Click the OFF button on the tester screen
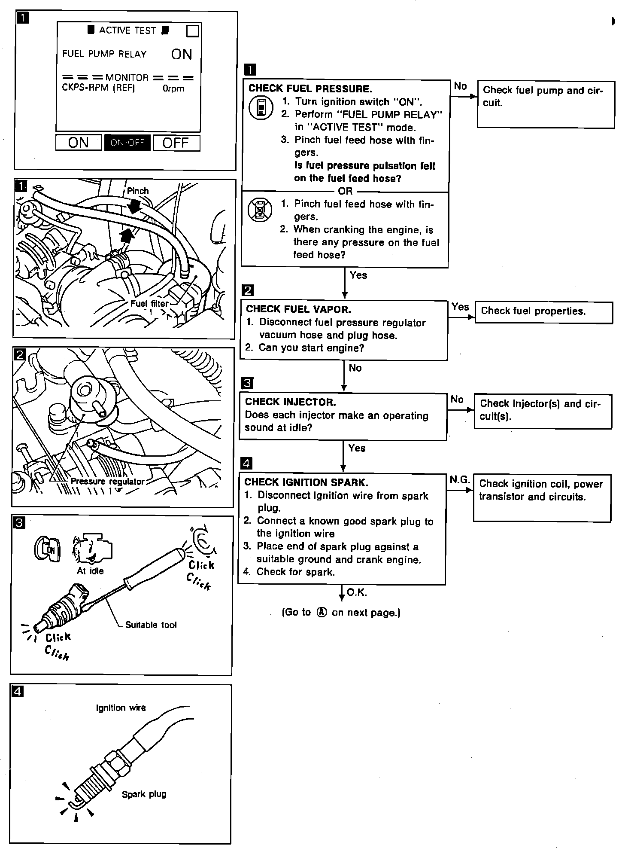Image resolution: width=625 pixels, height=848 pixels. point(176,143)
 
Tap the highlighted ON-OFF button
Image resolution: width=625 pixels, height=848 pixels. point(127,143)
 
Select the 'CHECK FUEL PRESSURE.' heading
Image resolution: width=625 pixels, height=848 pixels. point(310,89)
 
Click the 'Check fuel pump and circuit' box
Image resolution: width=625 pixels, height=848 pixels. point(546,104)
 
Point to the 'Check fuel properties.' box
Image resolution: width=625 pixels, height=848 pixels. point(543,312)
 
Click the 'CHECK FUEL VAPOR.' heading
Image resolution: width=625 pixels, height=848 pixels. point(298,309)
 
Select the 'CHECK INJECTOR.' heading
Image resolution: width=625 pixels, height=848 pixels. point(290,402)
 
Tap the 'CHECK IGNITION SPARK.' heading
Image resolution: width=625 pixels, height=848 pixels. point(306,482)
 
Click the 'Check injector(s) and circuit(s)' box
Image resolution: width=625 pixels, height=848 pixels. point(543,411)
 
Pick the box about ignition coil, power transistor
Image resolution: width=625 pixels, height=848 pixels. point(542,497)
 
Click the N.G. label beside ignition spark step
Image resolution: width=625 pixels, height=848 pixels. point(460,480)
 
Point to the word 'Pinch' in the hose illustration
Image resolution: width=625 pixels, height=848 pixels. point(138,191)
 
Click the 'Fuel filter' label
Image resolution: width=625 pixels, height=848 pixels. point(149,303)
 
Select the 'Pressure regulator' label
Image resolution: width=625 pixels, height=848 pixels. point(107,482)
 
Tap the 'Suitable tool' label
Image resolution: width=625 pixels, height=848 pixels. point(151,625)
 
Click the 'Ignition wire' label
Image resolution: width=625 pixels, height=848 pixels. point(121,708)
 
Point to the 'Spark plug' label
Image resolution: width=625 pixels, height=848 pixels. point(144,794)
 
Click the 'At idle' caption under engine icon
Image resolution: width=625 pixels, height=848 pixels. point(90,570)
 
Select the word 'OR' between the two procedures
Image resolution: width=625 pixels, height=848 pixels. point(345,191)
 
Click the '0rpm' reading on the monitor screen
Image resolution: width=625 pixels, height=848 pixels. point(173,89)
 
